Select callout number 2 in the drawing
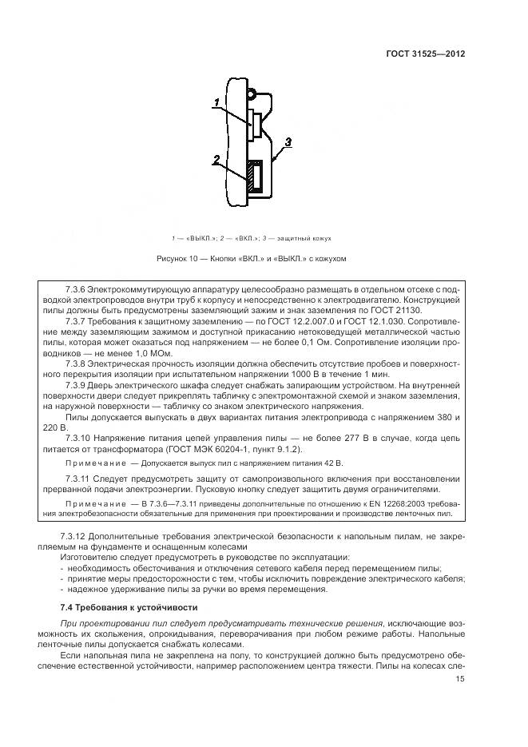point(216,159)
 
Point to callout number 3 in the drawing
point(288,141)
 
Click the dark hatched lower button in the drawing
point(254,177)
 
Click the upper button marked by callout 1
point(253,126)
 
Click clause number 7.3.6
point(73,288)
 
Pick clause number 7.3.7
point(73,320)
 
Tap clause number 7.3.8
point(73,362)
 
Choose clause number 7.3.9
point(73,383)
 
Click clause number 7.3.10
point(76,437)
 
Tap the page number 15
point(460,680)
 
